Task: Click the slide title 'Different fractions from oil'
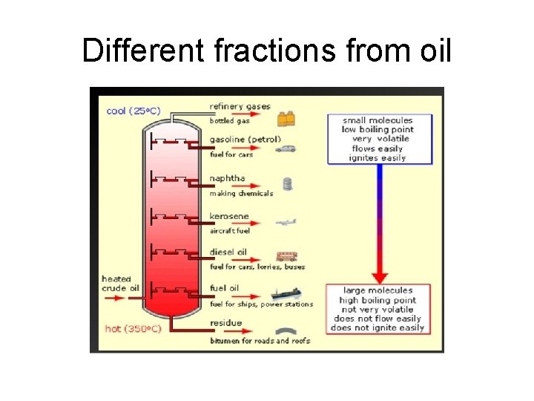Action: click(x=266, y=50)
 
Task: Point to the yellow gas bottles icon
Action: click(x=287, y=118)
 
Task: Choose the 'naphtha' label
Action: click(x=227, y=179)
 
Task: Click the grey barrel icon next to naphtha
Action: click(x=287, y=184)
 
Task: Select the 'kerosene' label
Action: click(x=229, y=216)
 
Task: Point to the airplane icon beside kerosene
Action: click(x=286, y=221)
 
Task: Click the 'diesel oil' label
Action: click(x=229, y=252)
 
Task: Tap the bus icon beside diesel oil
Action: click(x=287, y=256)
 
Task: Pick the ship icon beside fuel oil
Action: click(x=286, y=294)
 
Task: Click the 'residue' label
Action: click(x=225, y=324)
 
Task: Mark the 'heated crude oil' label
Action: click(x=120, y=284)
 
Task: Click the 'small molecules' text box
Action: click(x=379, y=139)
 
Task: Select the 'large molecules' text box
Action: click(x=378, y=309)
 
